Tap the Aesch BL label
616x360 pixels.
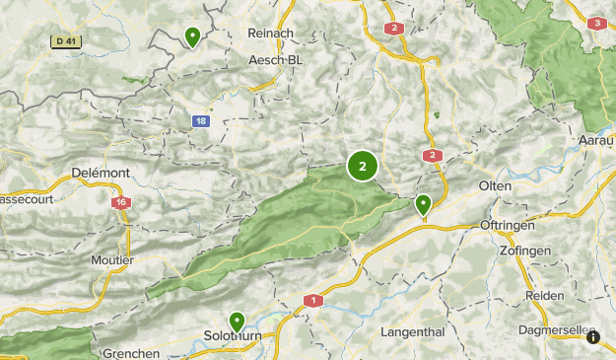coord(276,60)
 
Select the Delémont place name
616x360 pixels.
coord(101,173)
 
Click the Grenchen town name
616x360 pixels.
coord(130,353)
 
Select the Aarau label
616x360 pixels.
coord(595,140)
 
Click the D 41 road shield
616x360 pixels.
coord(64,41)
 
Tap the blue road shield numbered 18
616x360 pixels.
coord(201,121)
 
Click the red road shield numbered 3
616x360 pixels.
coord(595,23)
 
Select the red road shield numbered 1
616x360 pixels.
coord(313,300)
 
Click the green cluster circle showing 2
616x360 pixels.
coord(363,167)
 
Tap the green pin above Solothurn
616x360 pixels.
coord(238,321)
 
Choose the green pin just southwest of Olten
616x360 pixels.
coord(423,204)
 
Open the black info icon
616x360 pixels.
coord(593,337)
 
